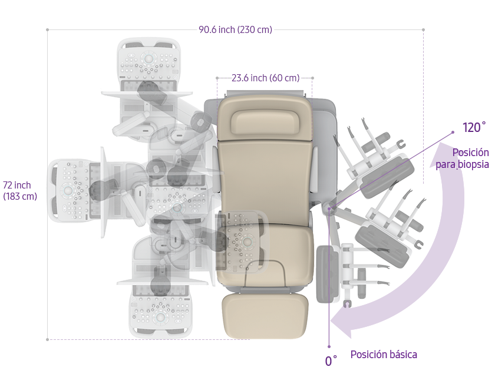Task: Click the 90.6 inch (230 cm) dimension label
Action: click(x=235, y=29)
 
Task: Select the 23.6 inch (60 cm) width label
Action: click(x=266, y=78)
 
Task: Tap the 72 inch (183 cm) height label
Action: click(x=20, y=190)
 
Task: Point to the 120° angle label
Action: click(x=474, y=127)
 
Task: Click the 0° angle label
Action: click(x=331, y=361)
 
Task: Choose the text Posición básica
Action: click(x=384, y=355)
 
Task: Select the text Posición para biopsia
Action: click(x=463, y=158)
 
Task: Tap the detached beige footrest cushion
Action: click(x=265, y=316)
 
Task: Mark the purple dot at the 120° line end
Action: click(x=453, y=133)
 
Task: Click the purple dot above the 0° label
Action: click(x=329, y=346)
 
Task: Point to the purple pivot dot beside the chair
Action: click(x=329, y=209)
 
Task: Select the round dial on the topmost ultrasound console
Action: click(x=148, y=58)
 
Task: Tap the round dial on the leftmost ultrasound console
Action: click(x=68, y=190)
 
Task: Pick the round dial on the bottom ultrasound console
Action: click(x=160, y=317)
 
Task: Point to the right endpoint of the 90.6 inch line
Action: click(x=423, y=29)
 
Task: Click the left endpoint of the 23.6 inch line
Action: click(x=217, y=78)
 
